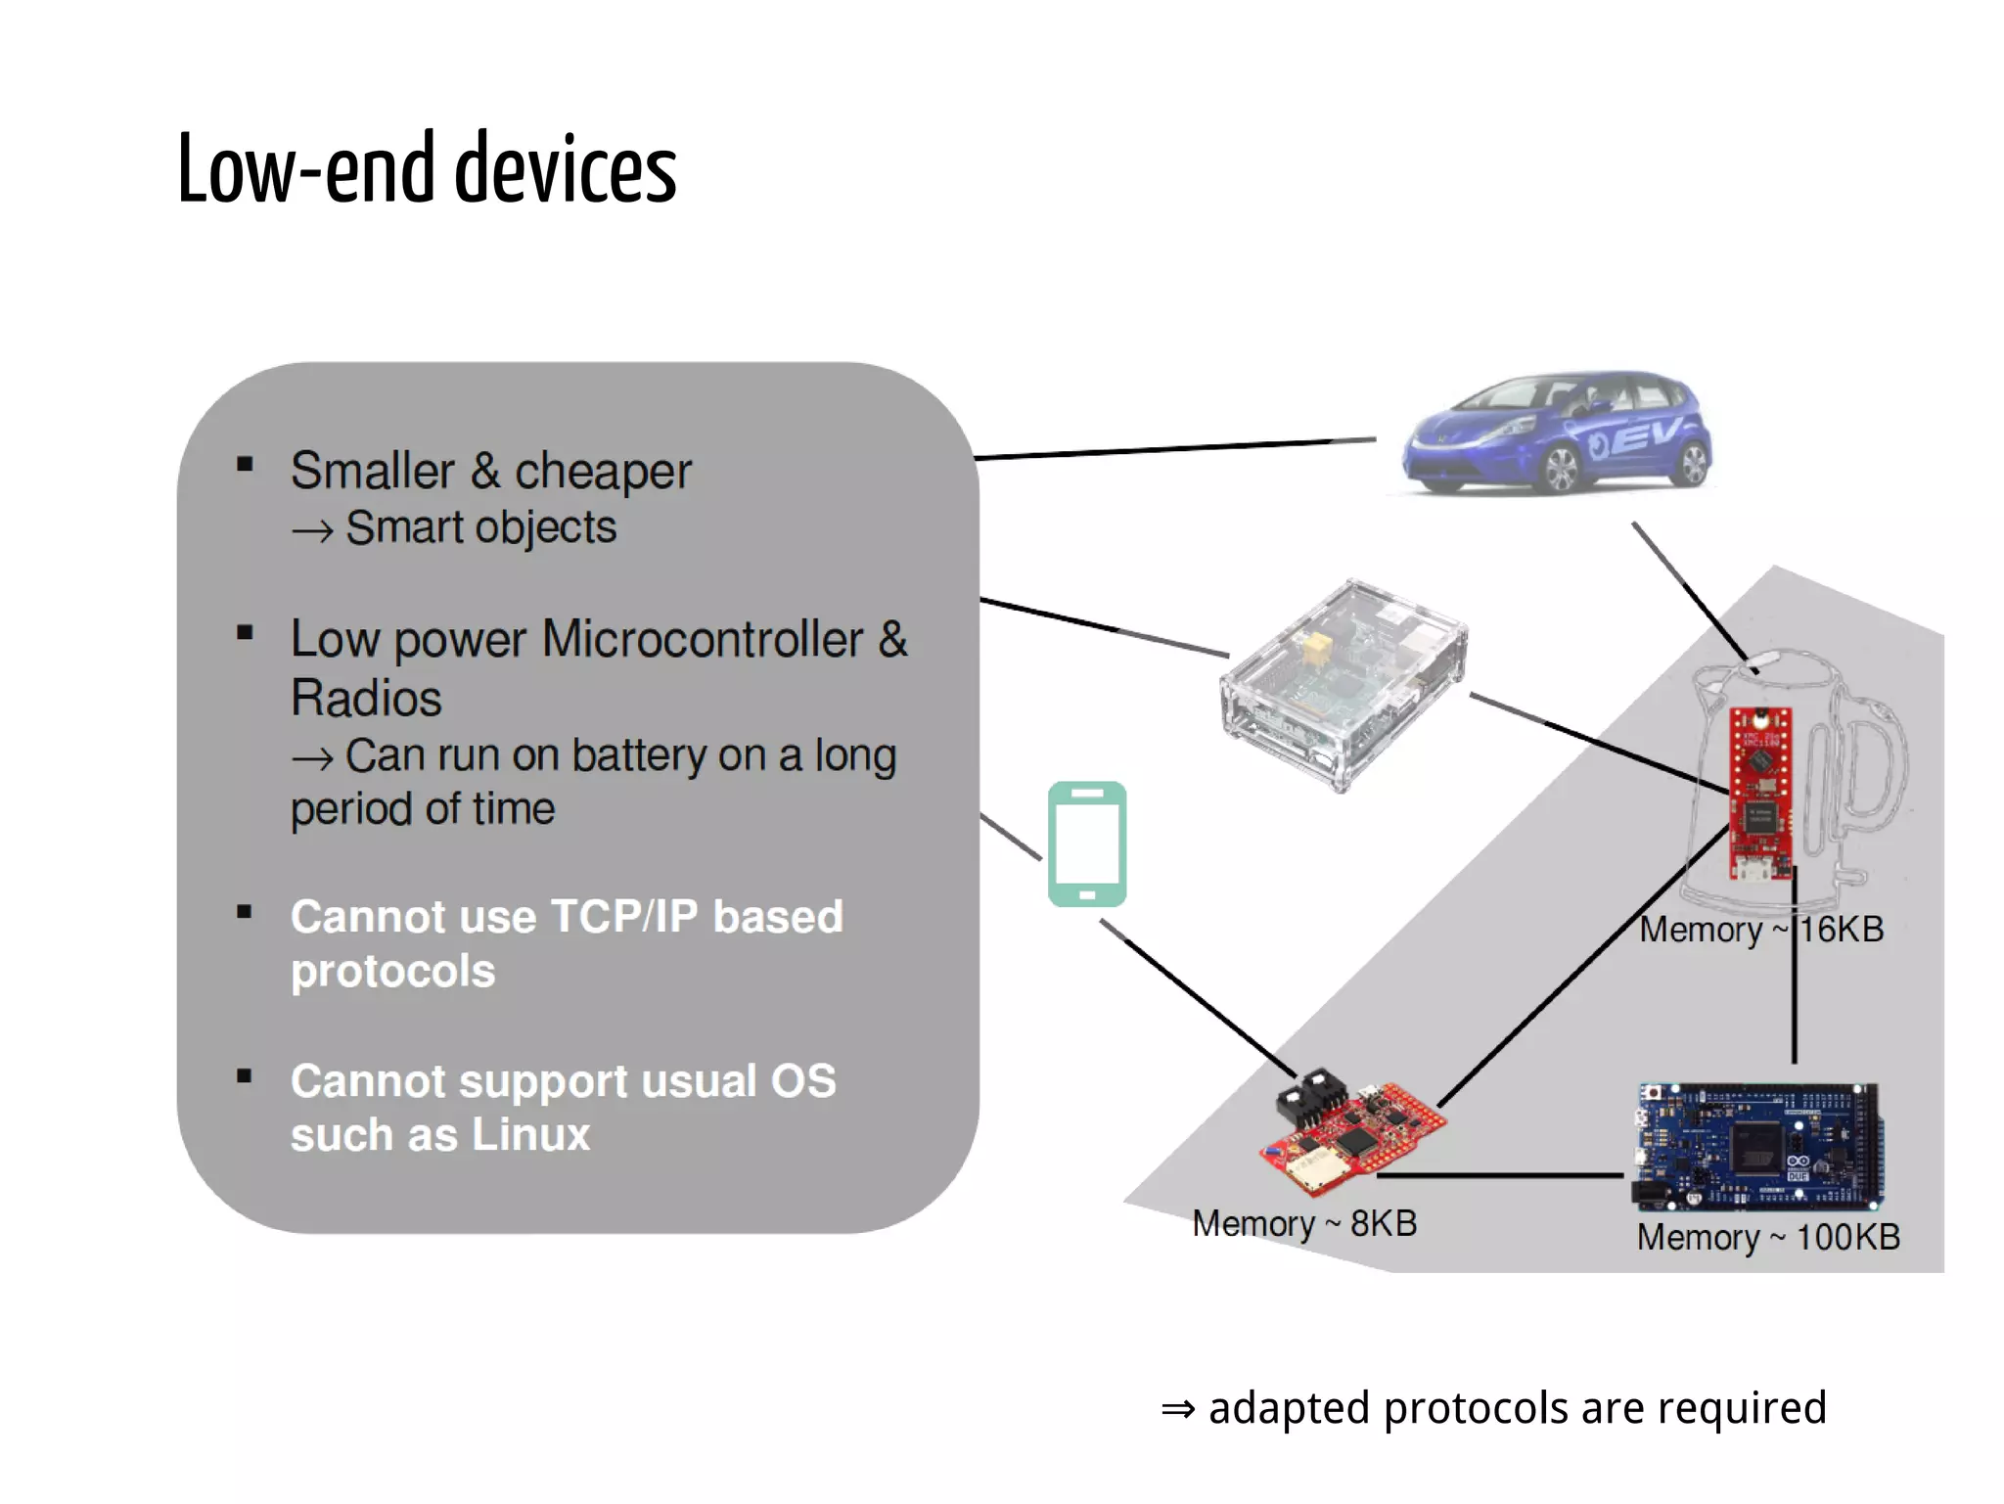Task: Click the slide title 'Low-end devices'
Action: [427, 168]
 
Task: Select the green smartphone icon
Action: [1086, 843]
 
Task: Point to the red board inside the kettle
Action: [1760, 793]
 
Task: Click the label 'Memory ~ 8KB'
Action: [1303, 1223]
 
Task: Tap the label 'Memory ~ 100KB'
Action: [1767, 1237]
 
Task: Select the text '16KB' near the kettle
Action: [1842, 929]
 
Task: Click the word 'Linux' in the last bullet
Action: [530, 1135]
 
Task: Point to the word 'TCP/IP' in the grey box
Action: [624, 917]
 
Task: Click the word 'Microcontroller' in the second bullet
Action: [702, 639]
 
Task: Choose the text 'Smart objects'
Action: [480, 527]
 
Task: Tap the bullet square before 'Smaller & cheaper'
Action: [245, 465]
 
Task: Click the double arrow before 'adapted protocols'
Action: [1178, 1409]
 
